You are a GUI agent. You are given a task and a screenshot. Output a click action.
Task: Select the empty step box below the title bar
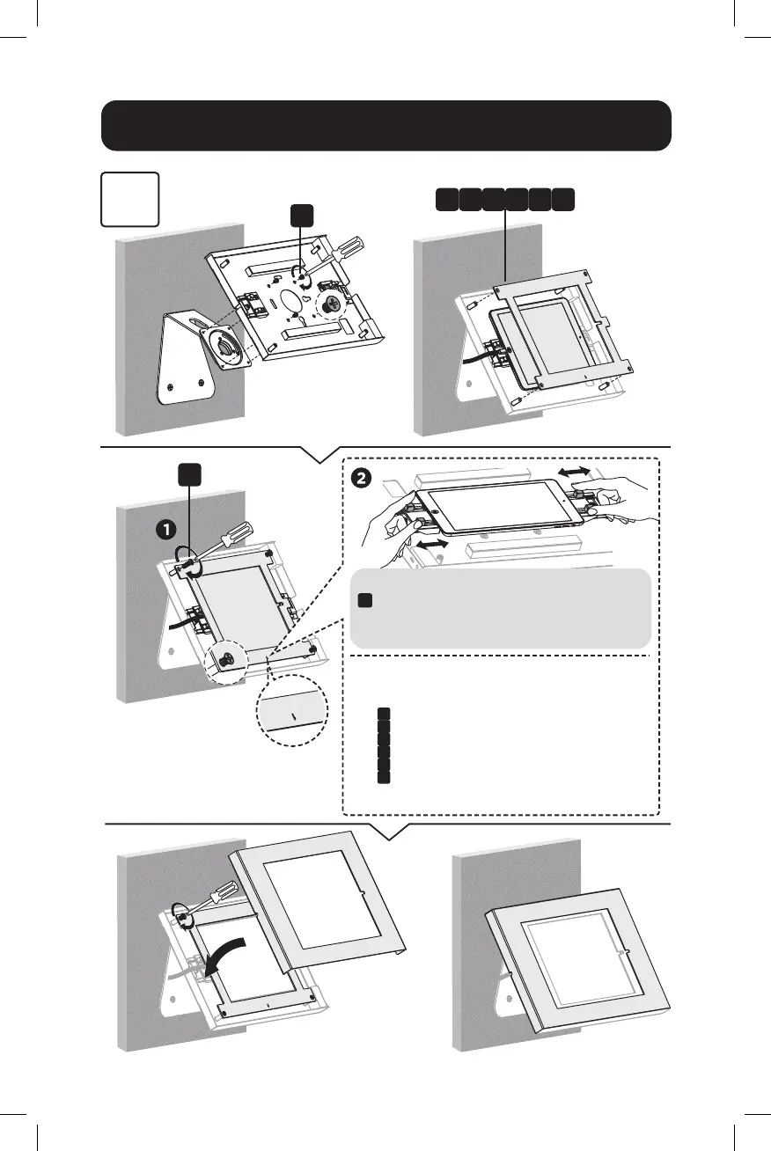point(130,200)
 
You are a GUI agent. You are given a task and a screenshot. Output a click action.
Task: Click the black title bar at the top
point(385,126)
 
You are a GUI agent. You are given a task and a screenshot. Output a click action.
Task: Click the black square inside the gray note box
point(366,600)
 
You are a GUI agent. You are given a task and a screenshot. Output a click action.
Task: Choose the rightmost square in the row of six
point(564,199)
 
